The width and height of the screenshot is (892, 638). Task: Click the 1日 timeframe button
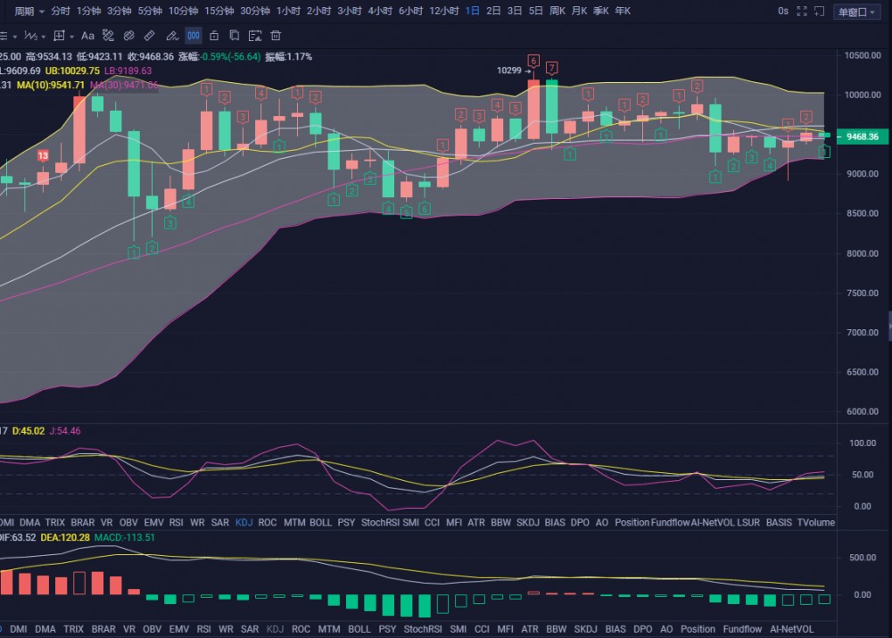472,11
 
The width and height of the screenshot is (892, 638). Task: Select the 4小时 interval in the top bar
380,11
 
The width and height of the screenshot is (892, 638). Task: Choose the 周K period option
558,11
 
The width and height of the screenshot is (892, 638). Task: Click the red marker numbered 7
553,68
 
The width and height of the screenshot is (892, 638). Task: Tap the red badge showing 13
43,155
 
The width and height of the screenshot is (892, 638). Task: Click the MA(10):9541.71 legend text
51,85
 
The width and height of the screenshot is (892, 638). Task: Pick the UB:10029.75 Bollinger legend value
72,70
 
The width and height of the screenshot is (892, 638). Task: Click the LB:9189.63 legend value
128,70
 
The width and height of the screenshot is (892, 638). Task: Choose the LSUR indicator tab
748,522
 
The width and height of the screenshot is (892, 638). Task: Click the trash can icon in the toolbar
276,36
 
